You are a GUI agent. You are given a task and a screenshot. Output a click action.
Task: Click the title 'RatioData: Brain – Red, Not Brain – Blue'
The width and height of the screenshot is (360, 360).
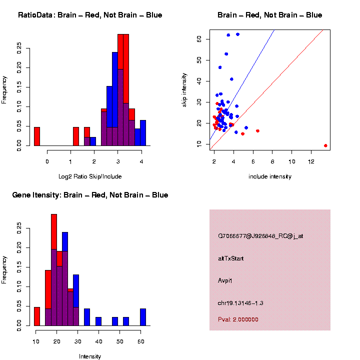[90, 15]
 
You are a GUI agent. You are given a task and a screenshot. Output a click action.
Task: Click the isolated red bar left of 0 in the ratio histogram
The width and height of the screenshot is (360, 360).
[37, 136]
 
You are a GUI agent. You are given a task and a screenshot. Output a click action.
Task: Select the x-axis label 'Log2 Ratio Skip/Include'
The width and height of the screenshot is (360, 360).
[90, 176]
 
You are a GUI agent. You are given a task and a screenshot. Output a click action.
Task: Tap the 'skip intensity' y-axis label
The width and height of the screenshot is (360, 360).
[184, 89]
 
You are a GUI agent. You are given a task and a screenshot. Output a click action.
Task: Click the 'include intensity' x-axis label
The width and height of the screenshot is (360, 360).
[270, 176]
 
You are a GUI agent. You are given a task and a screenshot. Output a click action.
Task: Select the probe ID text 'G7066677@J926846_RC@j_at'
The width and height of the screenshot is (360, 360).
[260, 236]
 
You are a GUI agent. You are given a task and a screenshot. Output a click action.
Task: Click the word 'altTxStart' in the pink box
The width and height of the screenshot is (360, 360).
[231, 258]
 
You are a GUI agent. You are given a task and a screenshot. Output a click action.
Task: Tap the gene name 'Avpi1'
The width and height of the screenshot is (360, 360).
[225, 280]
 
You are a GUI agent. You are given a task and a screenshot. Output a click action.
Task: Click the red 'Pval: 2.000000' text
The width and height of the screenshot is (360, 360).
[238, 319]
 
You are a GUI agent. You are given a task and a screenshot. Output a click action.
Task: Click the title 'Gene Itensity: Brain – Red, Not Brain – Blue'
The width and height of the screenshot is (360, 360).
[90, 195]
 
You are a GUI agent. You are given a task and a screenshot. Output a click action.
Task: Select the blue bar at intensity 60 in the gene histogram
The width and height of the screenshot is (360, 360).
[143, 317]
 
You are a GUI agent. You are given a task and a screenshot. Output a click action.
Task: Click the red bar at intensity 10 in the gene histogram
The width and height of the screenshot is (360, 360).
[37, 316]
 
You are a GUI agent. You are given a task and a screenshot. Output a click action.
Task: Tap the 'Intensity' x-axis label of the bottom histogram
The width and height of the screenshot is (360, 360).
[90, 356]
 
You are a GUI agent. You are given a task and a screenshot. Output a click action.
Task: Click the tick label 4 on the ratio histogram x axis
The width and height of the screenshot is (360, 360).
[141, 161]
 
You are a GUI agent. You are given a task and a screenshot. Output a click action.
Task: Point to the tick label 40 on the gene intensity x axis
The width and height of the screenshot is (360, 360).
[98, 341]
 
